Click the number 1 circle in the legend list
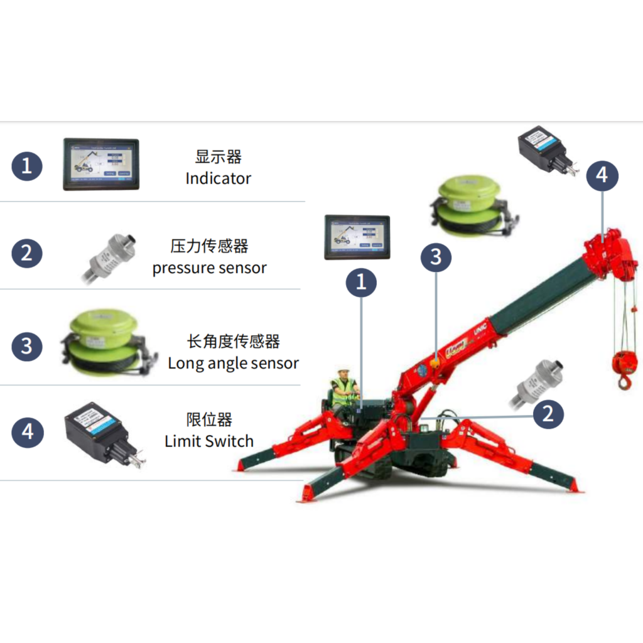[x=27, y=166]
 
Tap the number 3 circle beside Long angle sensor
[x=27, y=347]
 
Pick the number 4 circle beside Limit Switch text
[x=27, y=433]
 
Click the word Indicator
[x=218, y=178]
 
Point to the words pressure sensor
[x=209, y=268]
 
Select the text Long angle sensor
[x=233, y=363]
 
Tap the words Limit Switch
[x=209, y=441]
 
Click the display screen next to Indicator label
[x=100, y=164]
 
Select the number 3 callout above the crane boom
[x=436, y=257]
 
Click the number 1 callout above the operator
[x=361, y=282]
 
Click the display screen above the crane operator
[x=357, y=237]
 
